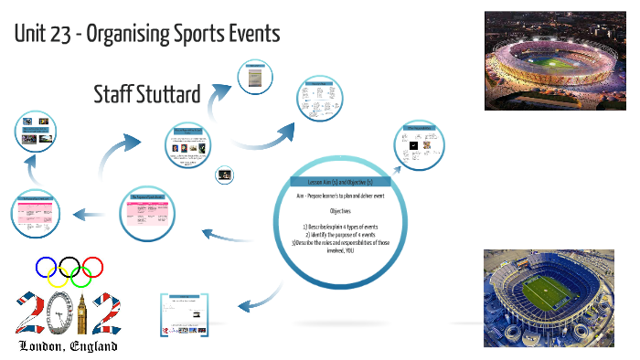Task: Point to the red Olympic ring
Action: (93, 267)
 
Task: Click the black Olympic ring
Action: (69, 267)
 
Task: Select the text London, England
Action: (69, 347)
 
